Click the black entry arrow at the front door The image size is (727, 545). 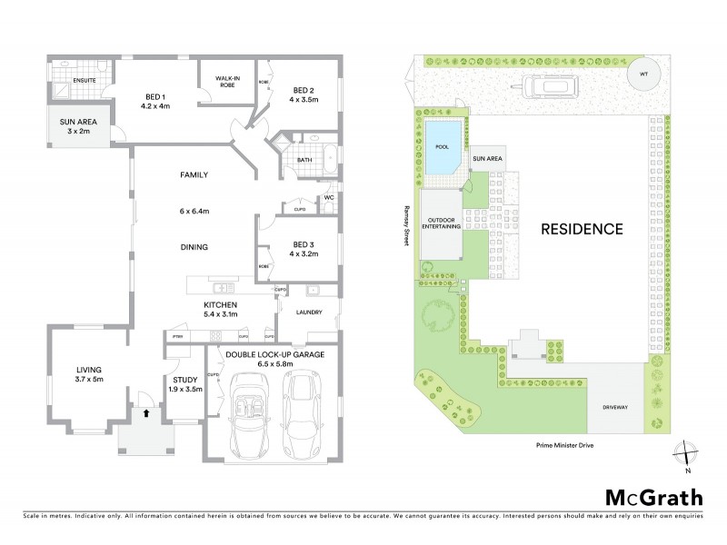[x=145, y=413]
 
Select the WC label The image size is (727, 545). [x=330, y=197]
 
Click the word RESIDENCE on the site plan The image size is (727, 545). [x=583, y=229]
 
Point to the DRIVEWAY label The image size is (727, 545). [x=615, y=407]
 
